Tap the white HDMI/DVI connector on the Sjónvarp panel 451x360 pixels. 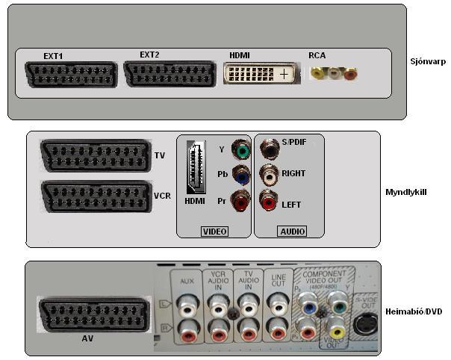tap(259, 75)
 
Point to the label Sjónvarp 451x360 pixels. tap(428, 62)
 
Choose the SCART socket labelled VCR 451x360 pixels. tap(94, 197)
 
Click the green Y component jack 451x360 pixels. tap(241, 149)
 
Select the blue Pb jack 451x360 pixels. tap(241, 176)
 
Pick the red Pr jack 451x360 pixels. tap(241, 202)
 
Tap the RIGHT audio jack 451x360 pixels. tap(268, 175)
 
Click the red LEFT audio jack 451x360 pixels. tap(268, 201)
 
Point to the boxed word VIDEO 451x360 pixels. tap(214, 232)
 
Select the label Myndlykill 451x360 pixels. tap(406, 192)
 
